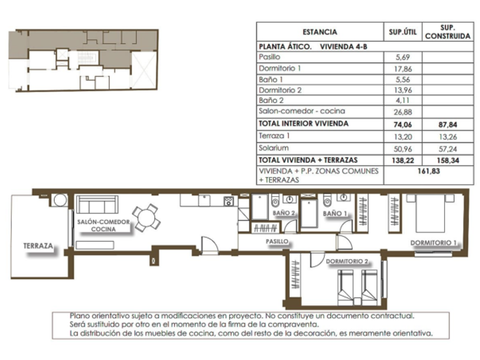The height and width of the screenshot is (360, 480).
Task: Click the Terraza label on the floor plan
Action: pos(38,246)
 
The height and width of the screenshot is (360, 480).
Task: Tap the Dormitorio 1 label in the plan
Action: pos(434,243)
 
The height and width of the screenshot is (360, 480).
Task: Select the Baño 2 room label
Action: pos(284,213)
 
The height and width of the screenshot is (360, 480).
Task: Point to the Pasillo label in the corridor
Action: pos(277,241)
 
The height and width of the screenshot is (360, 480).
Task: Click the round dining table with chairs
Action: pos(147,218)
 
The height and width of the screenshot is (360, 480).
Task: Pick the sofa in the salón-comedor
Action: pos(97,205)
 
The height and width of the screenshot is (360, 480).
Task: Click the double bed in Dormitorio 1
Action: pos(430,213)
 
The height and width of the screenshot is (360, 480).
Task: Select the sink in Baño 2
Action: pos(289,199)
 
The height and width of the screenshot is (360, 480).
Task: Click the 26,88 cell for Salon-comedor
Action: pos(402,112)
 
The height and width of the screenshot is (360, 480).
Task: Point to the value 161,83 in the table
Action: pos(429,171)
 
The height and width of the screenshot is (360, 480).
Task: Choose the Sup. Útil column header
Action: pos(402,32)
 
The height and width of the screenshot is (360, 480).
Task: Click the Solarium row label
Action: pos(273,148)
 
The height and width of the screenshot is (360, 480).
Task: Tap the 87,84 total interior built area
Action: pos(447,125)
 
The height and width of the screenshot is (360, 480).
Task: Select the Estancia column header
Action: pos(319,32)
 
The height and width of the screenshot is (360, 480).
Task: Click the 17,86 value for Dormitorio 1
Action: pos(402,69)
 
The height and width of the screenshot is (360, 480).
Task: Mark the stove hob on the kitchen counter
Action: pos(229,201)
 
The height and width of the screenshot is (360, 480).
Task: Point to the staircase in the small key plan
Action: pos(87,58)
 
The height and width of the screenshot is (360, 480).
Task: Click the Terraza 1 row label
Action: pos(274,135)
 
